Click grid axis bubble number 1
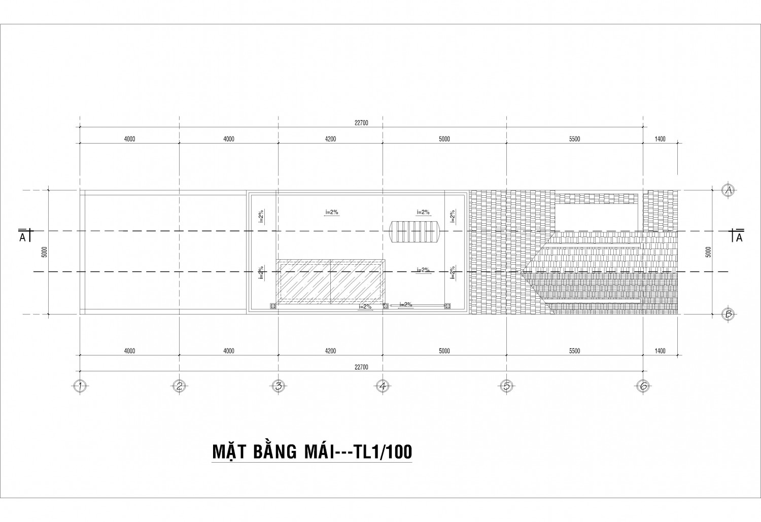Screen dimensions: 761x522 point(80,386)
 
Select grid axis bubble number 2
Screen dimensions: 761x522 point(179,386)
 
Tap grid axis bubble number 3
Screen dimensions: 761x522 point(278,386)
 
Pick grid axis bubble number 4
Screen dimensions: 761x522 point(383,386)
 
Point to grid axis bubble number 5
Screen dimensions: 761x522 point(506,386)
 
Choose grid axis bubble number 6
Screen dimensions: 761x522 point(643,386)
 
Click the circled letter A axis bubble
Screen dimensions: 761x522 point(729,190)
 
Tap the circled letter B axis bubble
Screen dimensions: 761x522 point(729,315)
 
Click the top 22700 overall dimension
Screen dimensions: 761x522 point(361,123)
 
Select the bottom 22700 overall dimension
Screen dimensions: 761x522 point(361,367)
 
